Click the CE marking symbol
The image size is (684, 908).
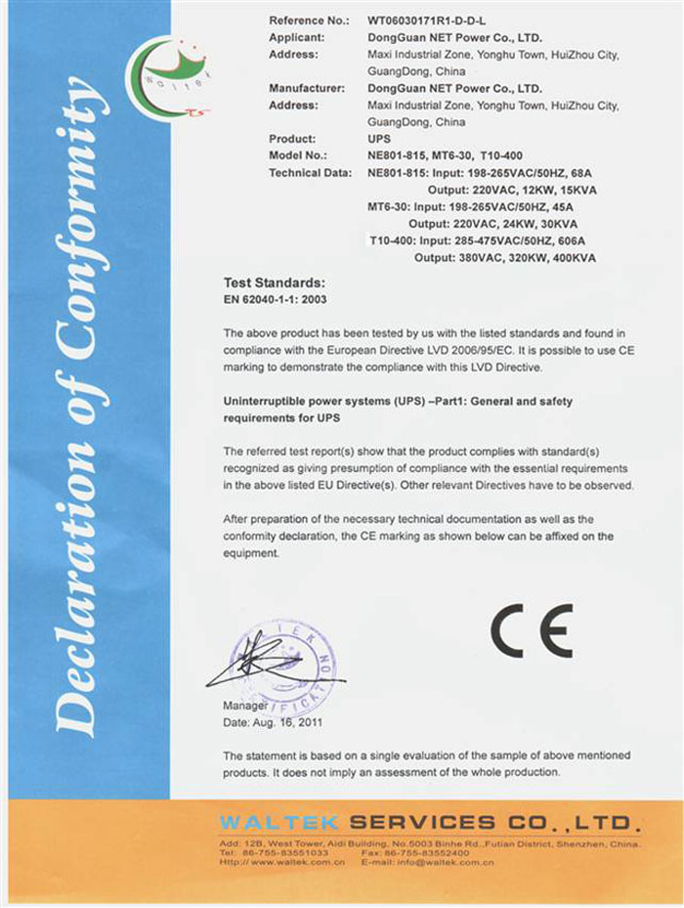tap(532, 631)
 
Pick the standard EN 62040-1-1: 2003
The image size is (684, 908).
tap(276, 299)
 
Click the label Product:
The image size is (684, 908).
tap(291, 140)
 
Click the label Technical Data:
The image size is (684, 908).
tap(310, 173)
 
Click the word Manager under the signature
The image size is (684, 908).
tap(245, 706)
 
